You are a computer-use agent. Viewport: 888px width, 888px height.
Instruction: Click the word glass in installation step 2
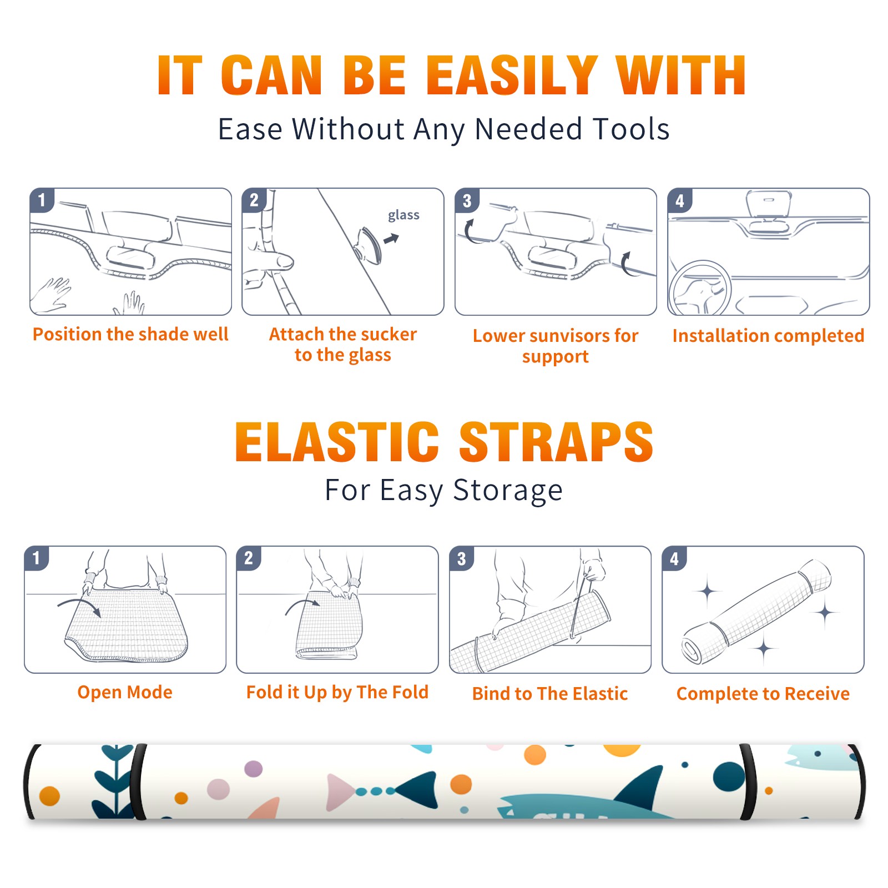point(403,215)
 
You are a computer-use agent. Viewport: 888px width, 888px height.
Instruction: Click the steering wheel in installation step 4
point(700,288)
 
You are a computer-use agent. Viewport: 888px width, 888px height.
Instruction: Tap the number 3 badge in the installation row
point(467,201)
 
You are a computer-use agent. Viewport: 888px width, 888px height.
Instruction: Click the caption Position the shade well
point(130,334)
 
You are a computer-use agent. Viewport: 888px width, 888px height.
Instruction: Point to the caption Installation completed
point(768,336)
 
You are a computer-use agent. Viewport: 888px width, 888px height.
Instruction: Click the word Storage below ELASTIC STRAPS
point(508,491)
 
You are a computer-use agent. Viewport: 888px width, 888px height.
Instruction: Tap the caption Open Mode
point(125,692)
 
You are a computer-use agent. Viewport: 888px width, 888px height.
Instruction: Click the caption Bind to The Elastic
point(550,694)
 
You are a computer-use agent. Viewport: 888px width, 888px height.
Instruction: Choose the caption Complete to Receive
point(763,694)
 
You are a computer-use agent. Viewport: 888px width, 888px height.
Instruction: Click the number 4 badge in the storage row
point(674,558)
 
